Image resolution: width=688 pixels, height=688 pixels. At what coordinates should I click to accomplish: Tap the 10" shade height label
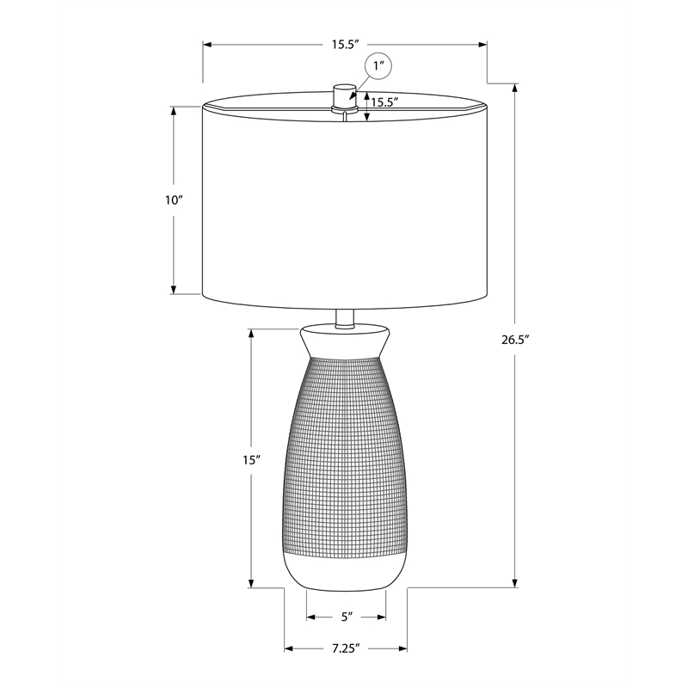coord(174,200)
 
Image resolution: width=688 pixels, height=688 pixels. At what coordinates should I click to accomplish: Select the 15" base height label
coord(252,460)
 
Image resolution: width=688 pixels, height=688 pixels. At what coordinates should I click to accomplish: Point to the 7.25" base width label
coord(346,648)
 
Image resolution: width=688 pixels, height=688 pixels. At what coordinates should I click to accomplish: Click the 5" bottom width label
coord(347,617)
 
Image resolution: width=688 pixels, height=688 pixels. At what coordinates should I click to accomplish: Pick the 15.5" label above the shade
coord(346,45)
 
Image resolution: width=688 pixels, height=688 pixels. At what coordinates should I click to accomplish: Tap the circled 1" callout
coord(378,66)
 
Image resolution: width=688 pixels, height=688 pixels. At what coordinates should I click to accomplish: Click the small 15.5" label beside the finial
coord(384,102)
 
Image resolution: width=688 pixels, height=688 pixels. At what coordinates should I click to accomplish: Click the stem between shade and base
coord(345,318)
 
